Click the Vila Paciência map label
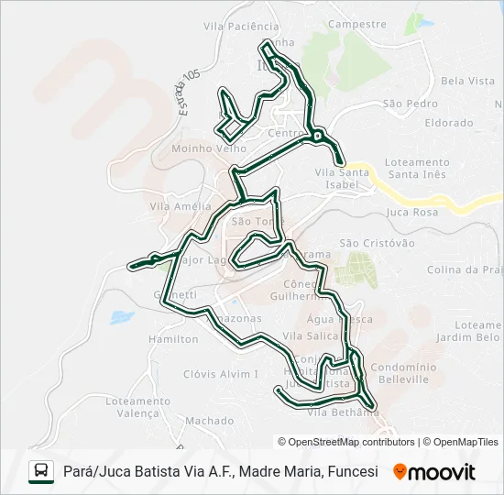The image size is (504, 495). (x=241, y=27)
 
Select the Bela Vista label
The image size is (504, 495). (x=467, y=81)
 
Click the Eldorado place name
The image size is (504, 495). (x=449, y=123)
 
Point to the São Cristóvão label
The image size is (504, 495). (x=377, y=243)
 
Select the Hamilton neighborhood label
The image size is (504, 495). (x=172, y=339)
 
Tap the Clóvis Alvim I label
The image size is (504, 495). (x=222, y=374)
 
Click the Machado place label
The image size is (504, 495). (x=210, y=421)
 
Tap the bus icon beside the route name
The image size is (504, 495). (x=41, y=471)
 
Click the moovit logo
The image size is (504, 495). (x=434, y=472)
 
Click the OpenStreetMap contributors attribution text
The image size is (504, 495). (x=346, y=442)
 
